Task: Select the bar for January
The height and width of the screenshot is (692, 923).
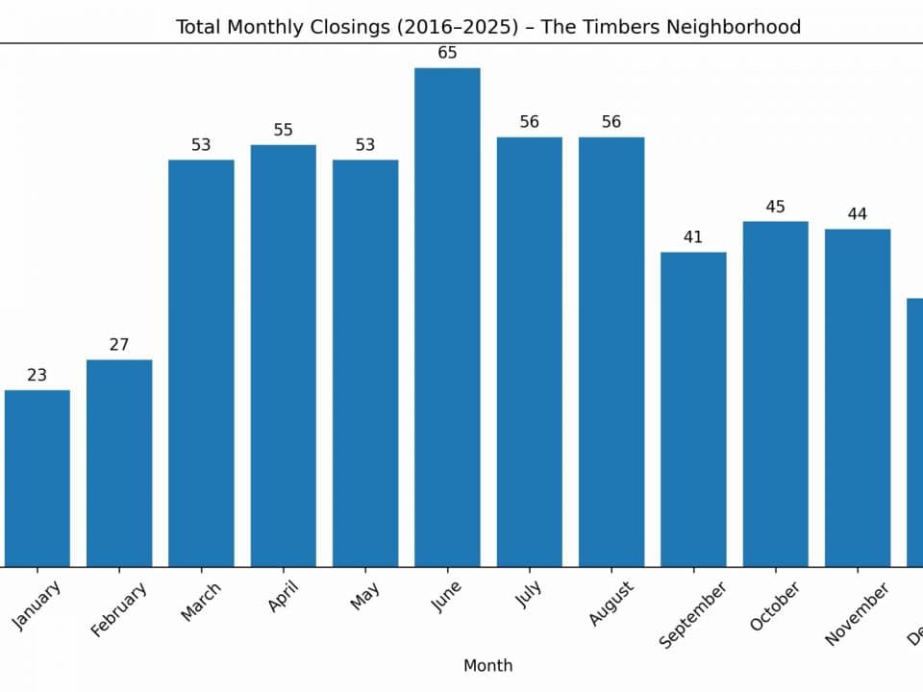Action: tap(37, 479)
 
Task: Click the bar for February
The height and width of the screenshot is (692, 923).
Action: tap(119, 463)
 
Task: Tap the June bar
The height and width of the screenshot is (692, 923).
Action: tap(447, 317)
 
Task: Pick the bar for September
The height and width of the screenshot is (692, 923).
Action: tap(693, 409)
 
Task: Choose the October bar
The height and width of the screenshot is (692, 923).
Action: tap(775, 394)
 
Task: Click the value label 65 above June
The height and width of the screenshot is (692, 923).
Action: tap(447, 53)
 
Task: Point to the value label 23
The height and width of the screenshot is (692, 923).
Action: tap(37, 376)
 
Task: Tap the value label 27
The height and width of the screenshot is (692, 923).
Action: tap(119, 345)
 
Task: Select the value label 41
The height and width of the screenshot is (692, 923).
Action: tap(693, 237)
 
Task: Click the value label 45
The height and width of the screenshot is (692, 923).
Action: tap(775, 207)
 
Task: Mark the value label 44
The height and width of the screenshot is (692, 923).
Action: tap(857, 214)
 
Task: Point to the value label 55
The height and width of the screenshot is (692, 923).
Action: tap(283, 130)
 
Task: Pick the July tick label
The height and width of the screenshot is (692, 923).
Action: tap(529, 595)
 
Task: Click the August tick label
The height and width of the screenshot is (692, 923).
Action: tap(611, 604)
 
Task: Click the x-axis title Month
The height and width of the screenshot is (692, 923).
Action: tap(487, 665)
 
